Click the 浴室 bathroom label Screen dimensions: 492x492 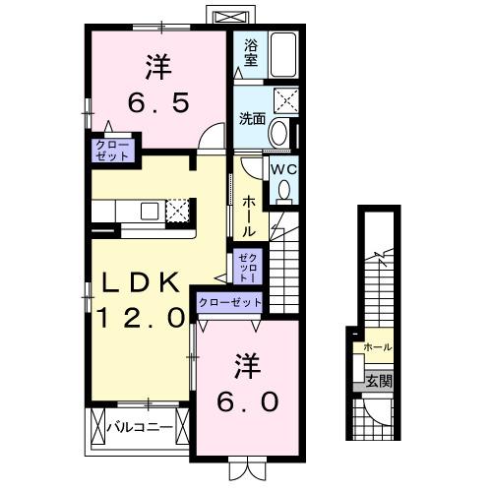click(251, 52)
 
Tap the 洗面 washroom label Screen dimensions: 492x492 click(252, 119)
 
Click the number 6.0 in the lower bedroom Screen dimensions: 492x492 click(247, 400)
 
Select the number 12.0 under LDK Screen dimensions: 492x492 click(141, 317)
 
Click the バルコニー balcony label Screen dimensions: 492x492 click(140, 428)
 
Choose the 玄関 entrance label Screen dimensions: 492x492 click(378, 381)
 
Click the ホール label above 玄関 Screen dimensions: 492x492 click(378, 347)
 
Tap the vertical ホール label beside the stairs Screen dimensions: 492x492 click(250, 215)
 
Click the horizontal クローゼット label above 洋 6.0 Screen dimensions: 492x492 click(230, 302)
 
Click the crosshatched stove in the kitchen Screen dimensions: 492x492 click(178, 210)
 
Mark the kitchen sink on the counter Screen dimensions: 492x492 click(149, 210)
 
